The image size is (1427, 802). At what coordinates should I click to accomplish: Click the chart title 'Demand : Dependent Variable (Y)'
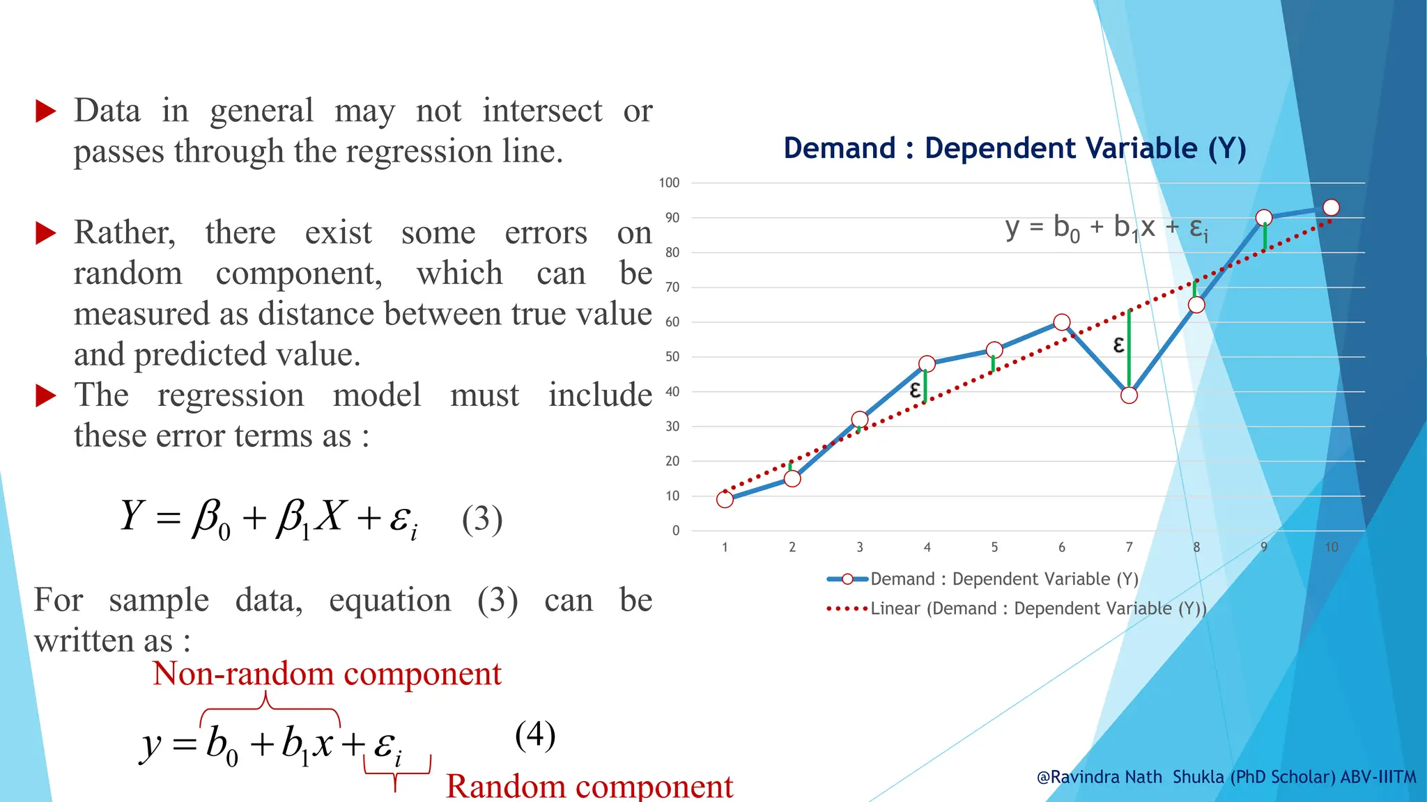point(1015,148)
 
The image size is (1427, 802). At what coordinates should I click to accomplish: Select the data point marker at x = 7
point(1129,395)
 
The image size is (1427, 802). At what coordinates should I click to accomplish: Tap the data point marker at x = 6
point(1061,322)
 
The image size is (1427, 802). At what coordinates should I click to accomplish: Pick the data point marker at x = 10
point(1331,207)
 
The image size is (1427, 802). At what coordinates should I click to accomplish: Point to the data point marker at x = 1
point(725,499)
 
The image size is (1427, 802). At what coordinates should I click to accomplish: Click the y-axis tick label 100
point(669,182)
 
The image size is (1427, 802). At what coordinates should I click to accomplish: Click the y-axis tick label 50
point(672,356)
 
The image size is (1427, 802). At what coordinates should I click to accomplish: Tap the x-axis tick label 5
point(994,547)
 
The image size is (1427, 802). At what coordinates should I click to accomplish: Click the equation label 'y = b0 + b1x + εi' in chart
point(1106,228)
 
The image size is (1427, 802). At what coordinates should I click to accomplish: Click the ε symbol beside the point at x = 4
point(915,389)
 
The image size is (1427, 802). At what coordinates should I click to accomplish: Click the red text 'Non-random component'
point(327,673)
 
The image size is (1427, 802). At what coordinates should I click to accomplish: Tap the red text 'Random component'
point(589,786)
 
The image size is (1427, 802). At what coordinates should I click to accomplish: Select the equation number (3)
point(482,519)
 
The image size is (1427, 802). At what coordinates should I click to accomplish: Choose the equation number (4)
point(535,735)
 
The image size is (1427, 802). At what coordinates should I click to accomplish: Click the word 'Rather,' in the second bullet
point(125,232)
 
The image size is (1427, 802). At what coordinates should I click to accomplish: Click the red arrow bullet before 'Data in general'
point(45,111)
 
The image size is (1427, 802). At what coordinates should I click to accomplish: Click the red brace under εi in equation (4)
point(396,771)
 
